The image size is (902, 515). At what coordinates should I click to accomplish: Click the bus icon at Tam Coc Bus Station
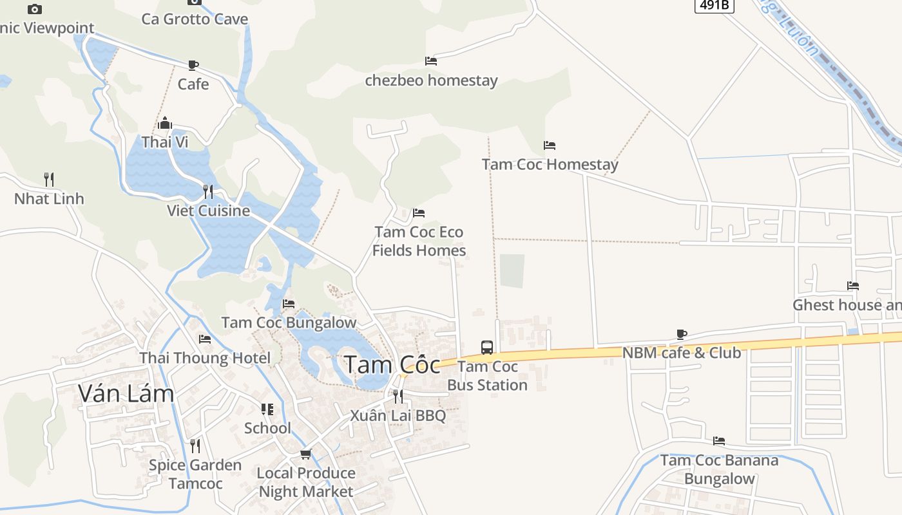pyautogui.click(x=487, y=348)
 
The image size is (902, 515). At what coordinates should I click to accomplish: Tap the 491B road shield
pyautogui.click(x=715, y=5)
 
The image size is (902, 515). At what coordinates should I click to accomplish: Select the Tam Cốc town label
pyautogui.click(x=392, y=365)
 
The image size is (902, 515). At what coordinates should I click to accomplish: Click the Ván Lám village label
pyautogui.click(x=126, y=393)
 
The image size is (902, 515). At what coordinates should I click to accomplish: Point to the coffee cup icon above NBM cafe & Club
pyautogui.click(x=682, y=334)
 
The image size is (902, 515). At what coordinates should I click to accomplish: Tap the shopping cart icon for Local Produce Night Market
pyautogui.click(x=306, y=454)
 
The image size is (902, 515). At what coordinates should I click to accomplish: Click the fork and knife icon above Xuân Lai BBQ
pyautogui.click(x=398, y=396)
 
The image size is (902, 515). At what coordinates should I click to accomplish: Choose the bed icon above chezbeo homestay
pyautogui.click(x=431, y=61)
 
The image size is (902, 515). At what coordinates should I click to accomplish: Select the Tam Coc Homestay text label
pyautogui.click(x=550, y=165)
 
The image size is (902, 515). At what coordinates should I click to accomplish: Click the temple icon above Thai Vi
pyautogui.click(x=165, y=123)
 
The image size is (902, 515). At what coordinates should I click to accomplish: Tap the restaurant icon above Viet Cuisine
pyautogui.click(x=208, y=191)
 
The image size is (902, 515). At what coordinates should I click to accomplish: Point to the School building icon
pyautogui.click(x=267, y=409)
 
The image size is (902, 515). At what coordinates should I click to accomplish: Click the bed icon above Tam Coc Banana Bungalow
pyautogui.click(x=719, y=441)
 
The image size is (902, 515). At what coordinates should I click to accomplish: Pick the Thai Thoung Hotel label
pyautogui.click(x=205, y=358)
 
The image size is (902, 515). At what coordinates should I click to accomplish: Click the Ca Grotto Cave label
pyautogui.click(x=195, y=19)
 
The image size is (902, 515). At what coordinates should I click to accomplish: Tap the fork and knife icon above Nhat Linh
pyautogui.click(x=49, y=179)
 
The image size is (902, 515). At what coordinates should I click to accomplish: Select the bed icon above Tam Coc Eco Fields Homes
pyautogui.click(x=419, y=212)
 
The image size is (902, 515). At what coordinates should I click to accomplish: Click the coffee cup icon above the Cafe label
pyautogui.click(x=193, y=65)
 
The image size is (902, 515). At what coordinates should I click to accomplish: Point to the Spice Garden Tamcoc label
pyautogui.click(x=195, y=474)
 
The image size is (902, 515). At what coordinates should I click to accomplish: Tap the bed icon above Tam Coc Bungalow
pyautogui.click(x=289, y=303)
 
